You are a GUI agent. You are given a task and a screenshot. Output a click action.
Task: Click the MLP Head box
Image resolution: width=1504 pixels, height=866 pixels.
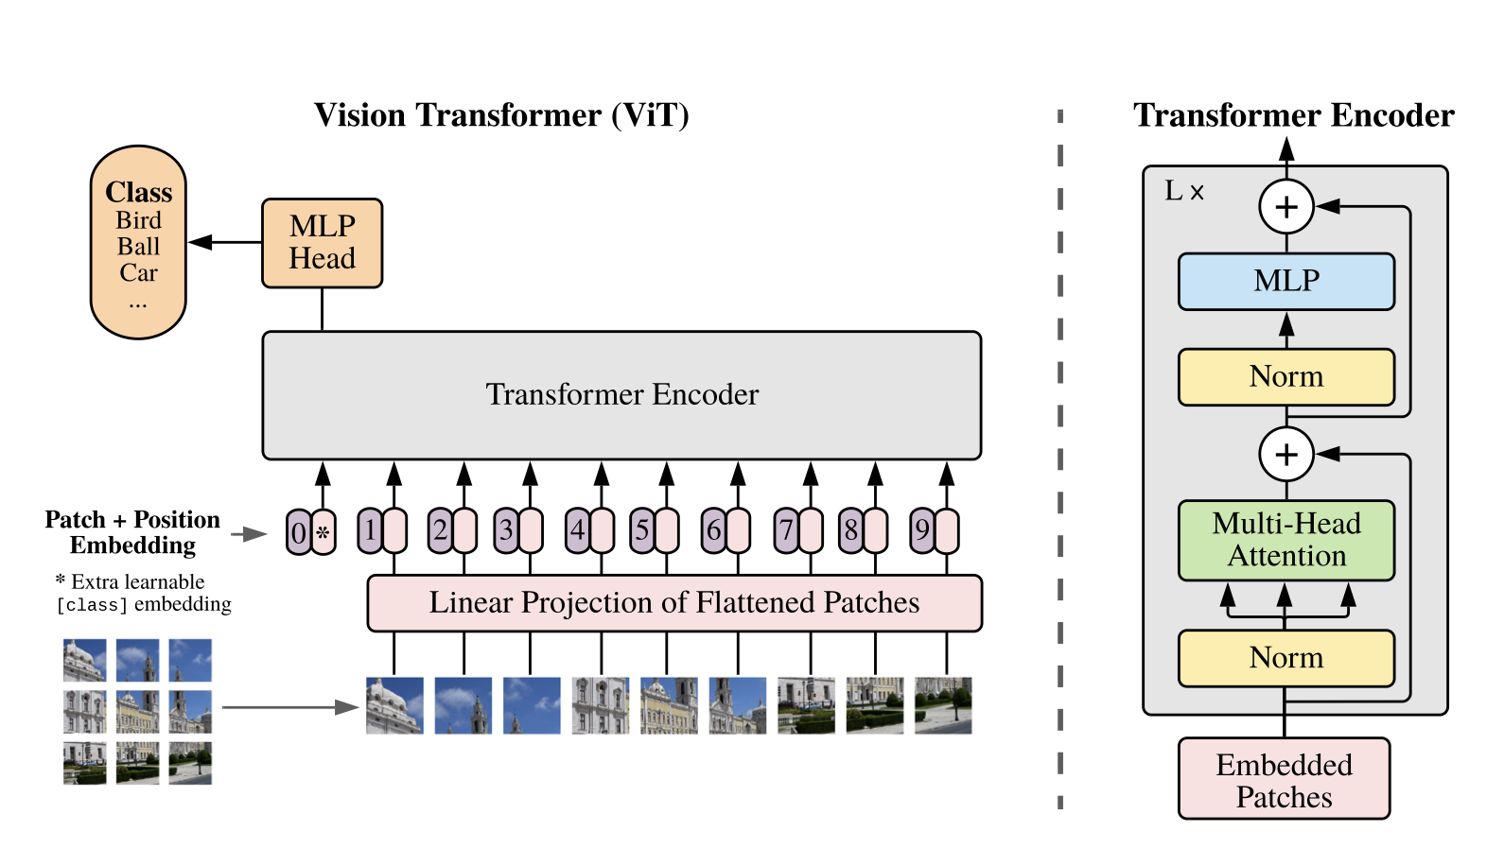322,243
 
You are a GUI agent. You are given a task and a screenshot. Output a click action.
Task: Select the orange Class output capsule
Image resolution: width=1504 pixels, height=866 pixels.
138,242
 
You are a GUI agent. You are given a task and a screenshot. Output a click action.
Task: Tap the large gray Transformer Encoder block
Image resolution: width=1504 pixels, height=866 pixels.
621,395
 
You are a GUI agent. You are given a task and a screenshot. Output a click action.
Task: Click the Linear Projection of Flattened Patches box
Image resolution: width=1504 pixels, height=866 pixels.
674,603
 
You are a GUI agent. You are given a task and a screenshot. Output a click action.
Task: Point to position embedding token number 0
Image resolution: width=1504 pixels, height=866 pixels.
299,532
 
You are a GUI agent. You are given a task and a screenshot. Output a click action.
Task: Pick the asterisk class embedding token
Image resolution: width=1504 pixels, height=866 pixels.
324,532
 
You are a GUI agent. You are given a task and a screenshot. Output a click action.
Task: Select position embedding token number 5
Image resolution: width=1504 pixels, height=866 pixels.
642,530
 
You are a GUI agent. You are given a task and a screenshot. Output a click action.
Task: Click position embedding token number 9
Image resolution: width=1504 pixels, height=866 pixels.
922,530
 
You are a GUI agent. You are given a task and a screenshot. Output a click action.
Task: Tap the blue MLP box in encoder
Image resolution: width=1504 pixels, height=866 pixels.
1286,282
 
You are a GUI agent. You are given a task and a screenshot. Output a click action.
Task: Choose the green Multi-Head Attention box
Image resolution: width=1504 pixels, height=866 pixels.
1286,540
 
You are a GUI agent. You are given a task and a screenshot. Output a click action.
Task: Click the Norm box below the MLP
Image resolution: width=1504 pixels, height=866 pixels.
1286,377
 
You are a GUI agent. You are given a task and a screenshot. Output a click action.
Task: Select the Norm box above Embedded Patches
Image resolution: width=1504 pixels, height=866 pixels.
1286,658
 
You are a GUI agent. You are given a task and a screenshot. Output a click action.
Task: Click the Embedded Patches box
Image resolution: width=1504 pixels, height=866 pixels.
1284,779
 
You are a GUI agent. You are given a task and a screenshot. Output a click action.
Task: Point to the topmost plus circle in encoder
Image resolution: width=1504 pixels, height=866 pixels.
1286,206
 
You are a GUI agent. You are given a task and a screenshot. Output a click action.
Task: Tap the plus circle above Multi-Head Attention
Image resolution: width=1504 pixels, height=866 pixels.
1286,454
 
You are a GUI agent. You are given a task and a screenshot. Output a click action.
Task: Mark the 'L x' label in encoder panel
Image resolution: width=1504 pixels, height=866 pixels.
1183,191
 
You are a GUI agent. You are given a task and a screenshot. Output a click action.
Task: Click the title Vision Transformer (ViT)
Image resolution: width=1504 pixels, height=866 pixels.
501,115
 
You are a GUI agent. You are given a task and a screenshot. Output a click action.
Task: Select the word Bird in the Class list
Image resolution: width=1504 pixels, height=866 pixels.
138,220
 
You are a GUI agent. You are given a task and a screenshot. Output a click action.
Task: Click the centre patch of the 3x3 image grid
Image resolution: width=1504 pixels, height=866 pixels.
138,711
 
